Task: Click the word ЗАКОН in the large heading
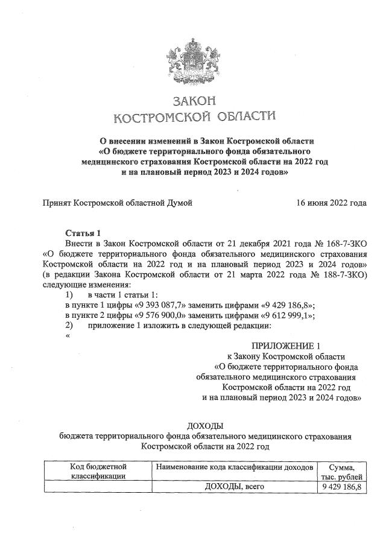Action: coord(194,101)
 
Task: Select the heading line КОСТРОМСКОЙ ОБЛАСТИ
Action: coord(194,116)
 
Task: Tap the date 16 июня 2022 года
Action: coord(331,203)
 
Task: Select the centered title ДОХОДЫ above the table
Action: coord(205,426)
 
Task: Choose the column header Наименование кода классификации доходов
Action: coord(234,467)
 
